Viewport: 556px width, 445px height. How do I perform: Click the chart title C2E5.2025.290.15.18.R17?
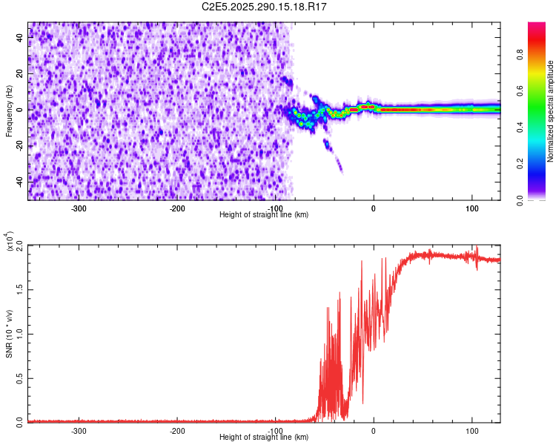(x=265, y=7)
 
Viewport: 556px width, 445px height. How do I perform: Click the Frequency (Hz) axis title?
(x=9, y=111)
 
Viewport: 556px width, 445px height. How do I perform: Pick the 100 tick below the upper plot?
(x=472, y=208)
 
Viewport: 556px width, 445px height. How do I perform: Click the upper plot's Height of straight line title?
(x=265, y=215)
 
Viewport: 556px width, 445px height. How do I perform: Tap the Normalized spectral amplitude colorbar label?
(x=551, y=111)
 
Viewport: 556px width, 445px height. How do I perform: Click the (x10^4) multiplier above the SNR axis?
(x=9, y=241)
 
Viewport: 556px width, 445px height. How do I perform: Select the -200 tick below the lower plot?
(x=177, y=430)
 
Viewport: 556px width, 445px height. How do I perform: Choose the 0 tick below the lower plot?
(x=374, y=430)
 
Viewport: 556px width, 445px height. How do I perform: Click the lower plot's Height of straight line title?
(x=265, y=438)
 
